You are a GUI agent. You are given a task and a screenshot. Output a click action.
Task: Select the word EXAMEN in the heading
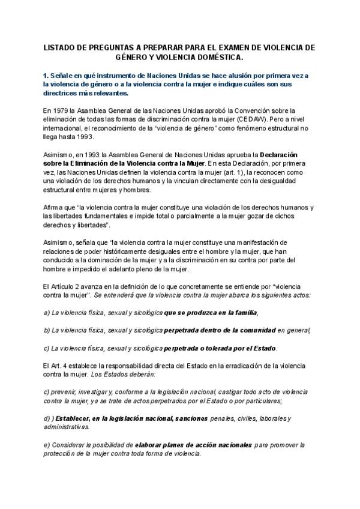[x=226, y=47]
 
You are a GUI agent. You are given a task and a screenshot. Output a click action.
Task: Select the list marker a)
[x=47, y=313]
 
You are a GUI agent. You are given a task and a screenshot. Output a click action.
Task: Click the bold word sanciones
[x=187, y=418]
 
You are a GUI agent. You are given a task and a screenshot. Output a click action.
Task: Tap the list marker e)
[x=47, y=445]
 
